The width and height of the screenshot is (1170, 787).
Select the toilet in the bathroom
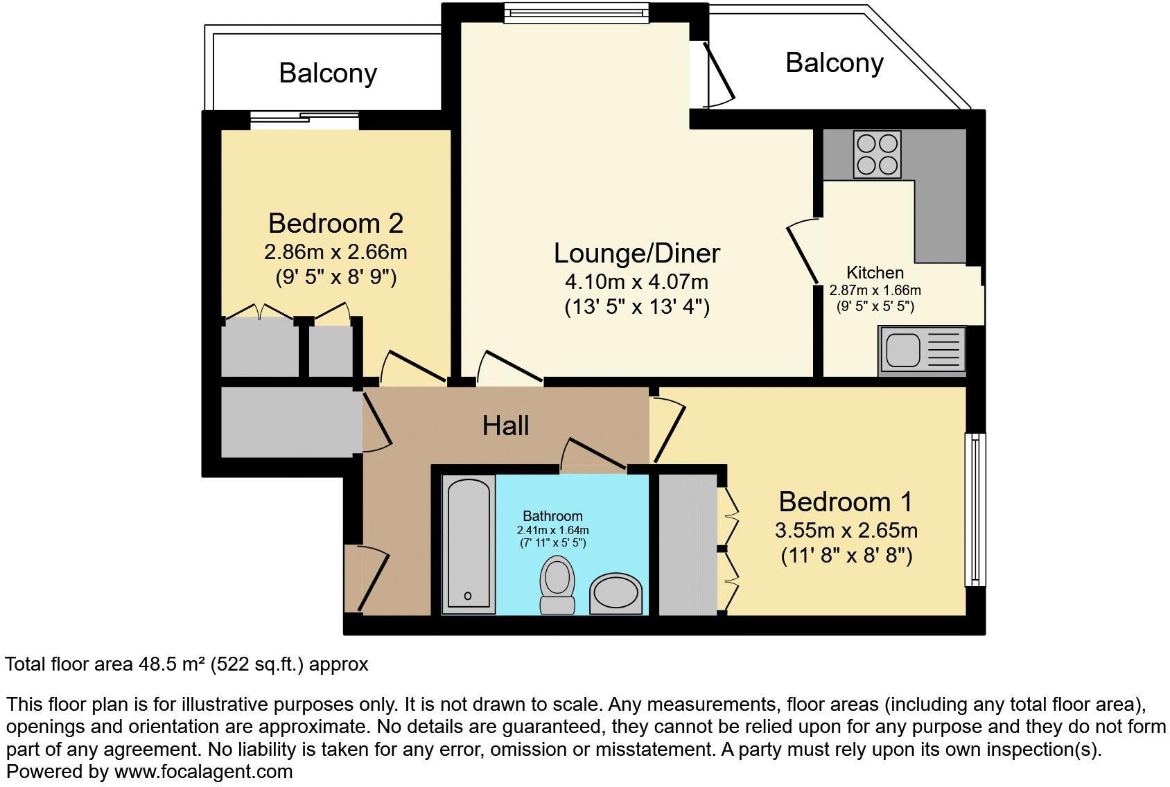pos(557,584)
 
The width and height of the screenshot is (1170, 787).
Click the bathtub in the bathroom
pos(469,543)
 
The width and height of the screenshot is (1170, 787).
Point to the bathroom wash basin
pos(615,594)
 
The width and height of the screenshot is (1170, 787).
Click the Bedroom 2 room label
pos(335,223)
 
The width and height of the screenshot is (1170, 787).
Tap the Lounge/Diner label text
pos(636,253)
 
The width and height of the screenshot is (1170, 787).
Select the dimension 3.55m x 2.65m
pos(846,531)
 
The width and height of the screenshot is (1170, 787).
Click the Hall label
pos(505,425)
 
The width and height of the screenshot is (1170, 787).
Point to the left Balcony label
pos(328,73)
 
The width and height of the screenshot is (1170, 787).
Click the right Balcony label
pos(834,62)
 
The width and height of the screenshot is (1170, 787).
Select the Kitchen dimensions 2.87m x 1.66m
pos(875,290)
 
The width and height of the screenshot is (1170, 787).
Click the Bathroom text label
pos(552,516)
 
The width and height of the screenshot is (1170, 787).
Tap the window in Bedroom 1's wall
pos(975,510)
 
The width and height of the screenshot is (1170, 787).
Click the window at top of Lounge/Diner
pos(576,12)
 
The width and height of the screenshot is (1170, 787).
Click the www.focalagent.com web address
pos(203,771)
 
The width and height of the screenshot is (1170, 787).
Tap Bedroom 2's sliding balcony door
pos(304,120)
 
